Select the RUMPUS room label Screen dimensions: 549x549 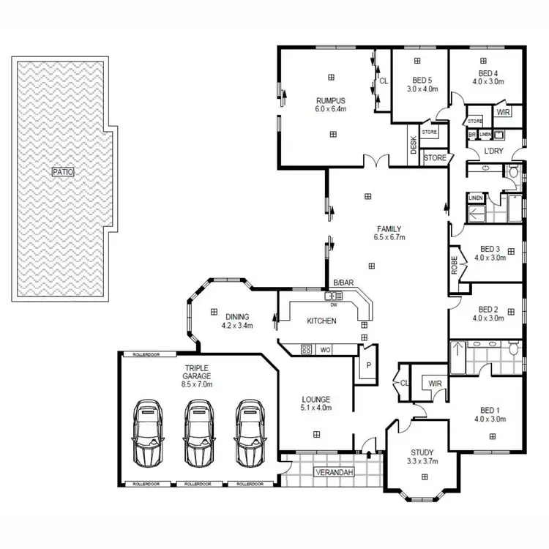tap(331, 101)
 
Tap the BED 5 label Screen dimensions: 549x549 tap(422, 80)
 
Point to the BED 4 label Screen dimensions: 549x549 tap(488, 74)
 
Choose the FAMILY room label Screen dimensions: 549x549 tap(389, 229)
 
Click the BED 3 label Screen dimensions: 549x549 tap(487, 249)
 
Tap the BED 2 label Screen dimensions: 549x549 tap(487, 310)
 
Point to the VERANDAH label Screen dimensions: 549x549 tap(335, 473)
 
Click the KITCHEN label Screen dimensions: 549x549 tap(321, 321)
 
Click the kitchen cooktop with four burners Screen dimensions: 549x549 tap(307, 350)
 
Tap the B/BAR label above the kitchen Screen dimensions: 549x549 tap(343, 283)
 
